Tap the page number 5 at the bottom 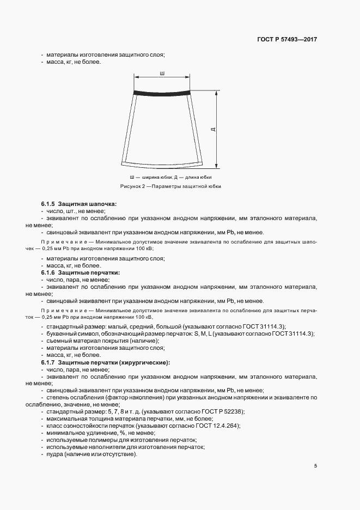coord(316,466)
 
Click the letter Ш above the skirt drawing coord(162,72)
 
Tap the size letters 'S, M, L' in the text coord(203,333)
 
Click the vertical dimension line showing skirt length coord(217,129)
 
